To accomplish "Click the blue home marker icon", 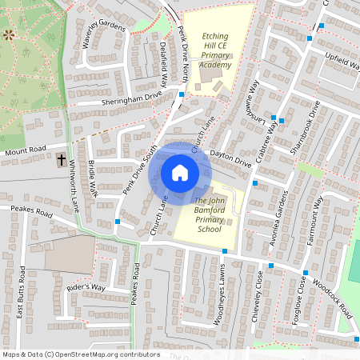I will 180,172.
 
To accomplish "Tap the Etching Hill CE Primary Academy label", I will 204,50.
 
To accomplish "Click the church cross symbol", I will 62,159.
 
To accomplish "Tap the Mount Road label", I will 26,150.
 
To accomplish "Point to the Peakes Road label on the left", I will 30,212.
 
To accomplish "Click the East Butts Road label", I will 22,309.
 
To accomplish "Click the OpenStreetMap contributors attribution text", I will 80,354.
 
